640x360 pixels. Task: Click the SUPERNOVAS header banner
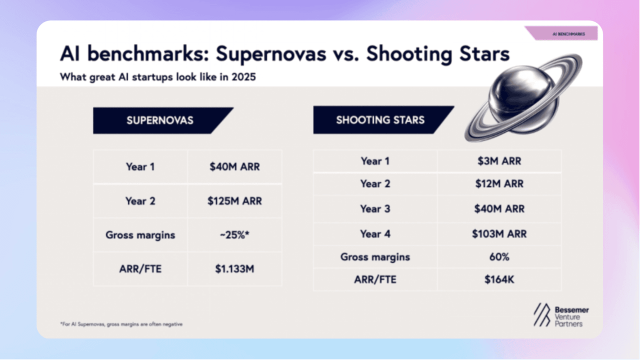tap(160, 120)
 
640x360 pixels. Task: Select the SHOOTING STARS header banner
tap(380, 120)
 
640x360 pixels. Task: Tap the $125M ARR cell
tap(234, 201)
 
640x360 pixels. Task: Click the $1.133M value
tap(234, 269)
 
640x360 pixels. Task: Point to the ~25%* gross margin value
tap(234, 235)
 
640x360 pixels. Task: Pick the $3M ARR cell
tap(499, 161)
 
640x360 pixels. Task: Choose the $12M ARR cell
tap(499, 183)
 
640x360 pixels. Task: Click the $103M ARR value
tap(499, 234)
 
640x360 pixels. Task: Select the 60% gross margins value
tap(499, 257)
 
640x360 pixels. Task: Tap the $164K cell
tap(499, 279)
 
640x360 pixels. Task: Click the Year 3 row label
tap(375, 209)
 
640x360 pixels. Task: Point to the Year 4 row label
tap(375, 234)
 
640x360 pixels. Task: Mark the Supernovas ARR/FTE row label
tap(140, 269)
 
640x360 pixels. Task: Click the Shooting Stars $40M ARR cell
tap(499, 209)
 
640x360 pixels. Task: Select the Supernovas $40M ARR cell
tap(234, 166)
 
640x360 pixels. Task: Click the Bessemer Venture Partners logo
tap(561, 315)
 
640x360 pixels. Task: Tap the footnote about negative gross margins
tap(121, 324)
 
